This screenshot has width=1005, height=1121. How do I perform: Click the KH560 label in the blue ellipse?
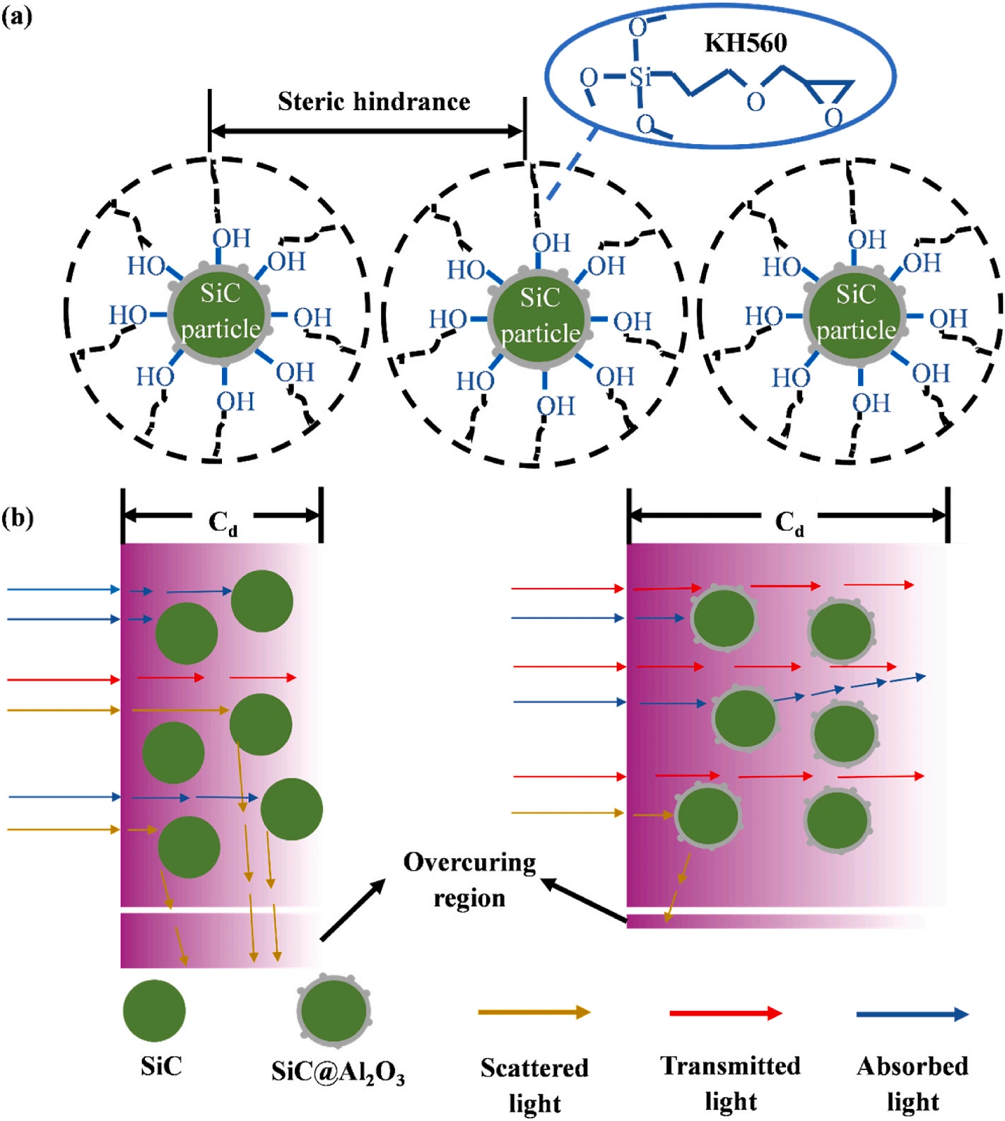click(x=746, y=43)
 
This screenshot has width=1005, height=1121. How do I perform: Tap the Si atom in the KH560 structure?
click(x=640, y=76)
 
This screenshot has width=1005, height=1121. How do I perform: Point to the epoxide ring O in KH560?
click(x=833, y=117)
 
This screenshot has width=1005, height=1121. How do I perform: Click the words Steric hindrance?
click(x=374, y=102)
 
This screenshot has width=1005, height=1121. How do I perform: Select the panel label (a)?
click(x=17, y=16)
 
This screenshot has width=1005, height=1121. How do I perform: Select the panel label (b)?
click(x=18, y=518)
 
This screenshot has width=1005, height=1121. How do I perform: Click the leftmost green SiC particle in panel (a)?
click(x=220, y=313)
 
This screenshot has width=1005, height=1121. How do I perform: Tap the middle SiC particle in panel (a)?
click(x=540, y=317)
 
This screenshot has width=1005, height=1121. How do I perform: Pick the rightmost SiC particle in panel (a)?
click(x=856, y=314)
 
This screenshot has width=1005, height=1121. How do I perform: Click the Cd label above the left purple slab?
click(x=223, y=524)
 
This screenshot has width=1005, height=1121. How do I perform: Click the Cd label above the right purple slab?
click(x=789, y=524)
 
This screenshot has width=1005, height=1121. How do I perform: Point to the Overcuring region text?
click(x=469, y=880)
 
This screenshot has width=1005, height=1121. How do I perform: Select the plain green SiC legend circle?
click(x=154, y=1011)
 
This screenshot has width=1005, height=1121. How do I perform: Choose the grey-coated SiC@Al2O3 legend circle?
click(x=334, y=1011)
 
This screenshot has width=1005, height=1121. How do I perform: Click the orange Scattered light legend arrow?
click(x=534, y=1012)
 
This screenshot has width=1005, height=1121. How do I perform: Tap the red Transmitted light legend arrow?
click(x=726, y=1013)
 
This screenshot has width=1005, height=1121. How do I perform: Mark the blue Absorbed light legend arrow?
click(x=912, y=1014)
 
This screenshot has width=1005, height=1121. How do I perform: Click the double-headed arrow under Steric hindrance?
click(x=367, y=131)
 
